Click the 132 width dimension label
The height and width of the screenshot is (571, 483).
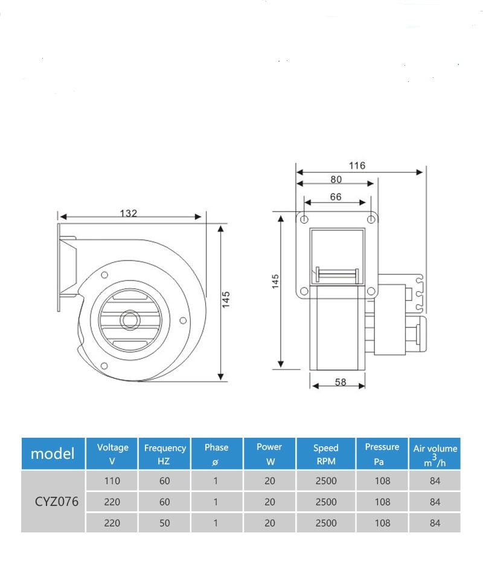point(128,213)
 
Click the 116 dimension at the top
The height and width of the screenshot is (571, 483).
point(357,166)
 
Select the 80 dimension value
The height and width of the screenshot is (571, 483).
point(336,179)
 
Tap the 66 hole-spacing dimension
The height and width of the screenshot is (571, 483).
point(336,197)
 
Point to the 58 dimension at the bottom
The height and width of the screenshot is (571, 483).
point(341,382)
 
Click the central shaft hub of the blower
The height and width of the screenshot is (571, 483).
point(129,319)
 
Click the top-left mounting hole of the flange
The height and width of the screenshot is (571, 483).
point(304,219)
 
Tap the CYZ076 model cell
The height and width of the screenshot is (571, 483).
point(54,502)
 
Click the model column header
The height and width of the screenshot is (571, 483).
point(53,453)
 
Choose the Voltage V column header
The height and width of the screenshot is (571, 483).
point(112,453)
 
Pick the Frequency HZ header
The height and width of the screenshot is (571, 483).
point(165,453)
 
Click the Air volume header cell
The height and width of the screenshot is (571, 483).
point(435,453)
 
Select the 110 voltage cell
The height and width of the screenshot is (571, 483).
point(112,481)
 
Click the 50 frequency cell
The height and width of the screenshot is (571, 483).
point(165,523)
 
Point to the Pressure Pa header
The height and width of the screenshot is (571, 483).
point(382,453)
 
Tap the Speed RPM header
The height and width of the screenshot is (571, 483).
point(326,453)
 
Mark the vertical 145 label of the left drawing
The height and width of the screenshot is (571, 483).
point(227,299)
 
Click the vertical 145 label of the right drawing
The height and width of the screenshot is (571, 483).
point(275,282)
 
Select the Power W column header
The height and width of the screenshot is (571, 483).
point(269,453)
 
